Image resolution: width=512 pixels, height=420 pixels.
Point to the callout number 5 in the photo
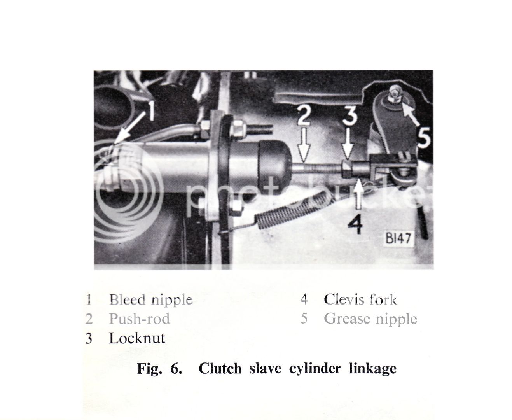pyautogui.click(x=424, y=136)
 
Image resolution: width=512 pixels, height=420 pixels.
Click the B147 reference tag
pyautogui.click(x=398, y=238)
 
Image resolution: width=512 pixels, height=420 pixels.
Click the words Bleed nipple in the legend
pyautogui.click(x=150, y=299)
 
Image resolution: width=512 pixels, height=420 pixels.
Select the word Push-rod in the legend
pyautogui.click(x=139, y=319)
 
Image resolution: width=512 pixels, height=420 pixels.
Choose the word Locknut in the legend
pyautogui.click(x=137, y=338)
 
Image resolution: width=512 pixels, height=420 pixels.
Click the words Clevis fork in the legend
pyautogui.click(x=360, y=299)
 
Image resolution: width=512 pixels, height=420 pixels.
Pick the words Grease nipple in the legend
pyautogui.click(x=370, y=318)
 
